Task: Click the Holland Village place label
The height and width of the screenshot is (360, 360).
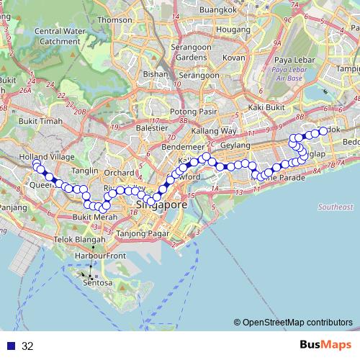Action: pyautogui.click(x=38, y=156)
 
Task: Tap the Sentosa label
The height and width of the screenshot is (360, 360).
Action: pyautogui.click(x=97, y=283)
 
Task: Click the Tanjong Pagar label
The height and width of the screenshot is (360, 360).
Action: pyautogui.click(x=141, y=233)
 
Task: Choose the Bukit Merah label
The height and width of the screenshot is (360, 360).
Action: pyautogui.click(x=91, y=217)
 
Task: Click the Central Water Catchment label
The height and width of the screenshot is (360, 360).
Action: pyautogui.click(x=58, y=36)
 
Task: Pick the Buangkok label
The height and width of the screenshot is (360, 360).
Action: pyautogui.click(x=219, y=9)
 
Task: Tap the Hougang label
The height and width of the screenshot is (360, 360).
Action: pyautogui.click(x=228, y=30)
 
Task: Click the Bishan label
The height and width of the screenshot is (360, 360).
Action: pyautogui.click(x=156, y=73)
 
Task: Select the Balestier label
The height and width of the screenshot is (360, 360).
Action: pyautogui.click(x=152, y=127)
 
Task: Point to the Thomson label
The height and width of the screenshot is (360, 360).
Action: pyautogui.click(x=115, y=20)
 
